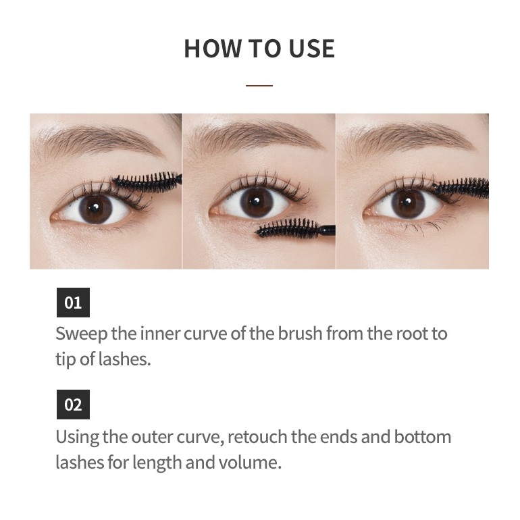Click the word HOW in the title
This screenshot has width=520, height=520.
(x=213, y=49)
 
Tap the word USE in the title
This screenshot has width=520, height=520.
(x=311, y=49)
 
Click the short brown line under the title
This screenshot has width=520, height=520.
(x=259, y=86)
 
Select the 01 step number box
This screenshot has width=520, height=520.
(x=73, y=303)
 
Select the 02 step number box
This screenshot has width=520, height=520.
(x=73, y=405)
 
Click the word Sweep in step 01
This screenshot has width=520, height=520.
(x=81, y=334)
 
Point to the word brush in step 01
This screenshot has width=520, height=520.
(x=300, y=334)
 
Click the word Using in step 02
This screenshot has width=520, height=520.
(x=77, y=438)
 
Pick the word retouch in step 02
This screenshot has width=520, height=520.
(x=257, y=437)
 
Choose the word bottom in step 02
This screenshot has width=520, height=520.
(x=422, y=437)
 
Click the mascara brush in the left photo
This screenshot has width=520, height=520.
(x=147, y=182)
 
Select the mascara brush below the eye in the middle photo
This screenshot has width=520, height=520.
(x=288, y=228)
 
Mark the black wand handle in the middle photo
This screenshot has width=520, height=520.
(x=328, y=230)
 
